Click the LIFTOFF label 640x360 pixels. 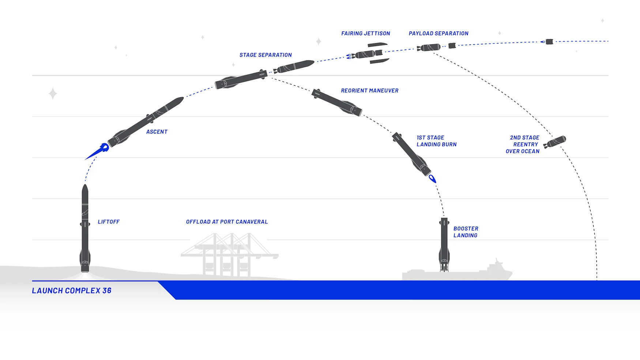click(x=109, y=222)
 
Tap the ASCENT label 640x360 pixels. click(x=157, y=132)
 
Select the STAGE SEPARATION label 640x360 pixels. click(x=266, y=55)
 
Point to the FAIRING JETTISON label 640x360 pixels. click(x=366, y=33)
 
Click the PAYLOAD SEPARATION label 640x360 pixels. click(x=438, y=33)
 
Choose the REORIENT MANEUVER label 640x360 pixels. click(x=370, y=90)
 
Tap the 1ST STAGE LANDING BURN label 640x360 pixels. click(x=436, y=141)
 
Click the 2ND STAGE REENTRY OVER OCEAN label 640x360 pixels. click(x=523, y=144)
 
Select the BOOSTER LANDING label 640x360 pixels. click(x=466, y=232)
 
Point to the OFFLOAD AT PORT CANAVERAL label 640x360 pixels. click(x=227, y=222)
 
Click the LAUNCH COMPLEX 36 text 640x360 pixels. click(x=72, y=290)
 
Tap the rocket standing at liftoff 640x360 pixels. click(x=85, y=229)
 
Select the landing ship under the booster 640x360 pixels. click(x=457, y=274)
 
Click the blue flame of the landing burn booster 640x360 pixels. click(x=432, y=179)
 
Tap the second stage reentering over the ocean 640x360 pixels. click(x=555, y=142)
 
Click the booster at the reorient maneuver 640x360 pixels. click(x=337, y=102)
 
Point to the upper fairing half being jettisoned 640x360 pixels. click(x=377, y=45)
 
